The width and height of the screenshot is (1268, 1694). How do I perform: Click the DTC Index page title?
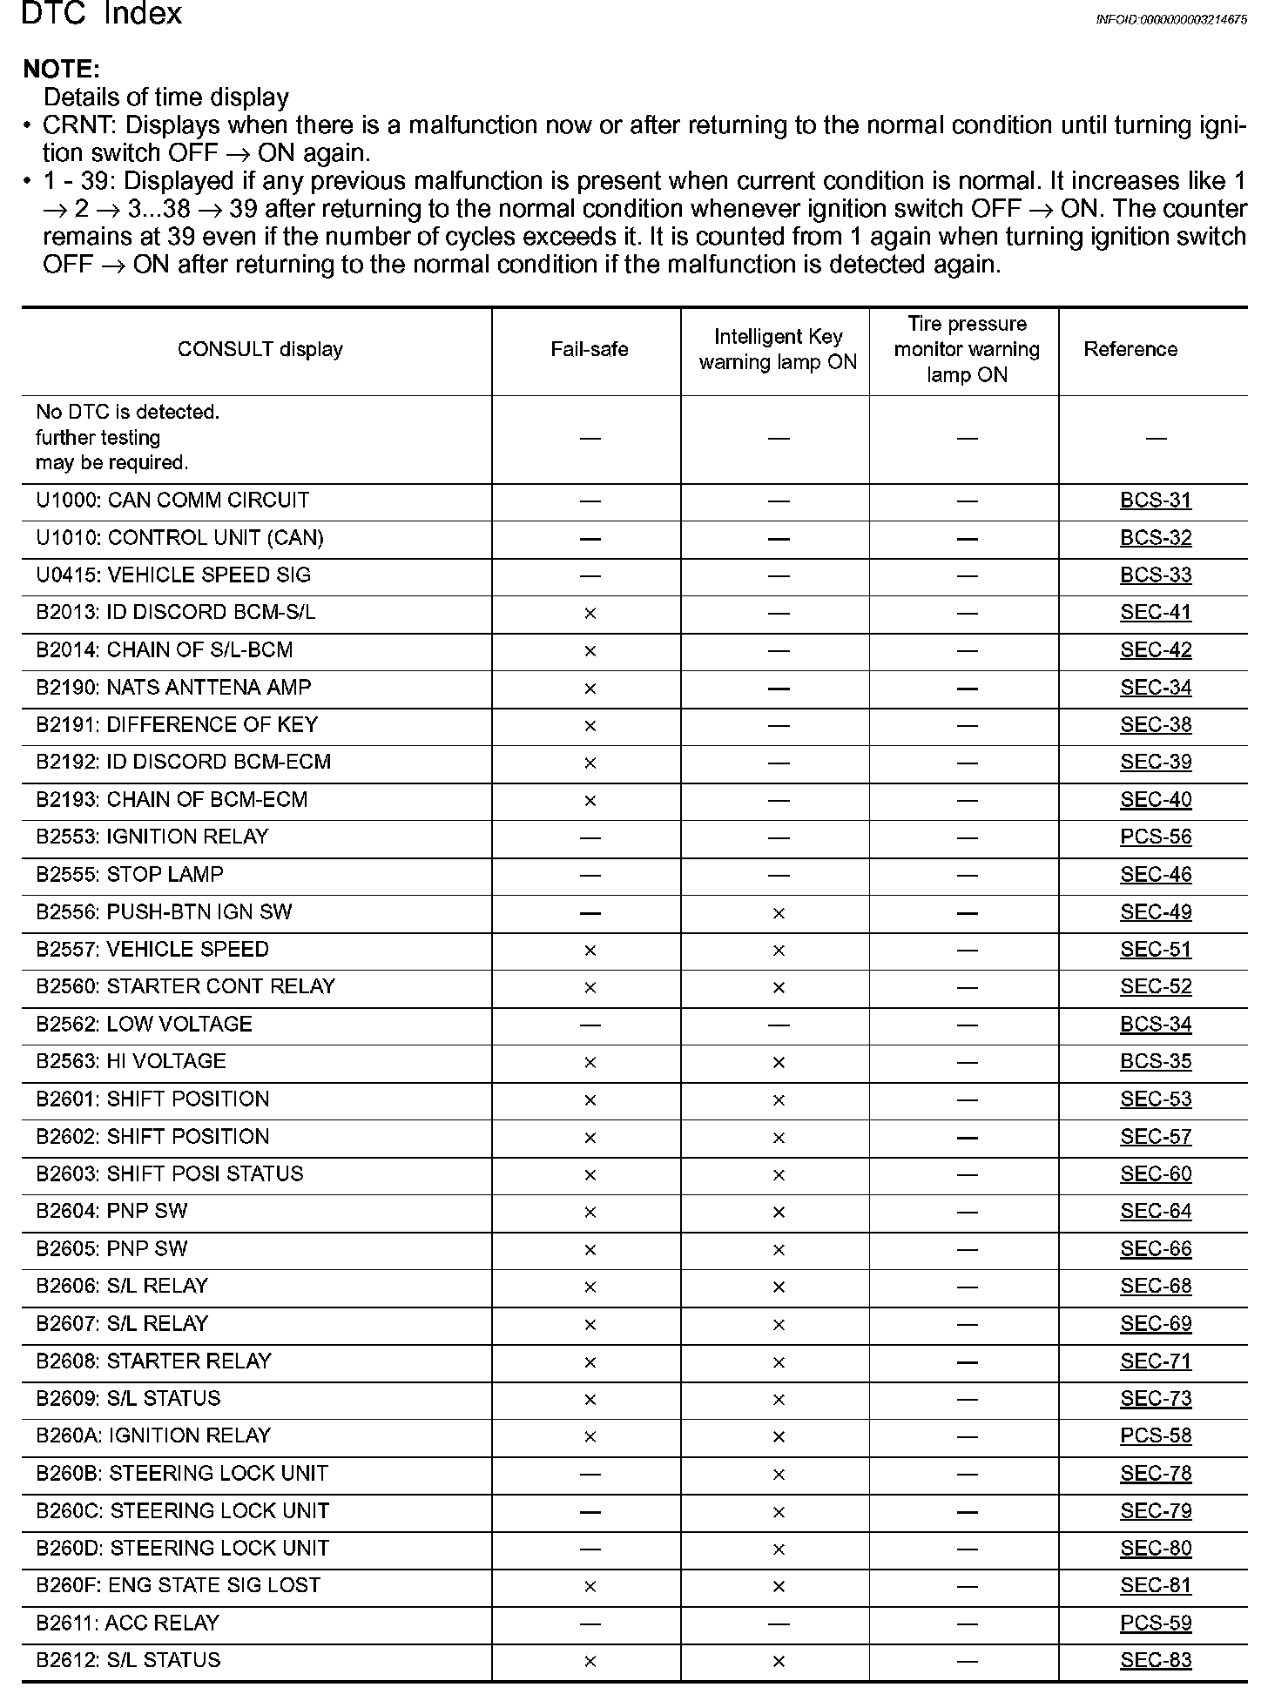tap(101, 14)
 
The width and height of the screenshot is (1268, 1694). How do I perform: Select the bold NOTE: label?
tap(61, 69)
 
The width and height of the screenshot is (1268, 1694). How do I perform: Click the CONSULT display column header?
tap(260, 350)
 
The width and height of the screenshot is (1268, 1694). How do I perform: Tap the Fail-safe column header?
tap(589, 350)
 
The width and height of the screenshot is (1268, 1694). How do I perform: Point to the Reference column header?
tap(1130, 350)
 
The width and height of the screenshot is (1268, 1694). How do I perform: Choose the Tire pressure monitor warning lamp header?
tap(967, 350)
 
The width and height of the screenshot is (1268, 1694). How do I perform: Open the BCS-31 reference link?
tap(1155, 501)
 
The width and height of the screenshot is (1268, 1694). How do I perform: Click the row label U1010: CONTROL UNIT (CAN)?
tap(179, 538)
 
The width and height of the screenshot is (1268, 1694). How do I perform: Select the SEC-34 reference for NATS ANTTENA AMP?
tap(1155, 688)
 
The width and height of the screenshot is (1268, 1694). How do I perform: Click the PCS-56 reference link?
tap(1155, 837)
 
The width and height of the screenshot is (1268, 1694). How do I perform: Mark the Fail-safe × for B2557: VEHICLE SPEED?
tap(590, 950)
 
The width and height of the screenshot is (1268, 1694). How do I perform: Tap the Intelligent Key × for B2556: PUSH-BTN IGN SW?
tap(779, 913)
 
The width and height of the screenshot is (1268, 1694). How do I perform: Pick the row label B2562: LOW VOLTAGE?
tap(144, 1025)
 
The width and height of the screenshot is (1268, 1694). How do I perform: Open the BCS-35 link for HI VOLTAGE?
tap(1155, 1062)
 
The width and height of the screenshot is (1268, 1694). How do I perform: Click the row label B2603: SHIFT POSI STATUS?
tap(169, 1174)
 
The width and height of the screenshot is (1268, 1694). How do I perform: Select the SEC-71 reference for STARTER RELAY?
tap(1155, 1361)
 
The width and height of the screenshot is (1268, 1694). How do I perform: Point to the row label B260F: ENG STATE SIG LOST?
tap(178, 1586)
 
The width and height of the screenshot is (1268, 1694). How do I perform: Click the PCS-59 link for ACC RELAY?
tap(1155, 1623)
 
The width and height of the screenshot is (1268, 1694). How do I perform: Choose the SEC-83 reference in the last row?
tap(1155, 1661)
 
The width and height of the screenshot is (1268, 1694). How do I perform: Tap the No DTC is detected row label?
tap(127, 437)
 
